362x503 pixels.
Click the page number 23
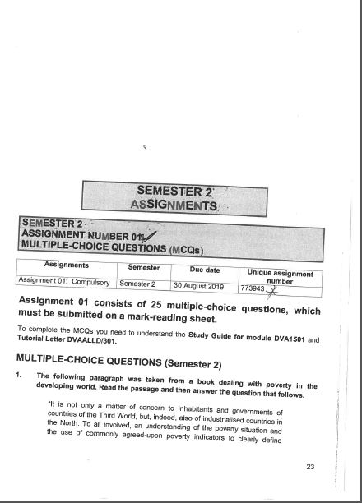click(310, 467)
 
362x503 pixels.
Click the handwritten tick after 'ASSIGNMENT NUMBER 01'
click(150, 236)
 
